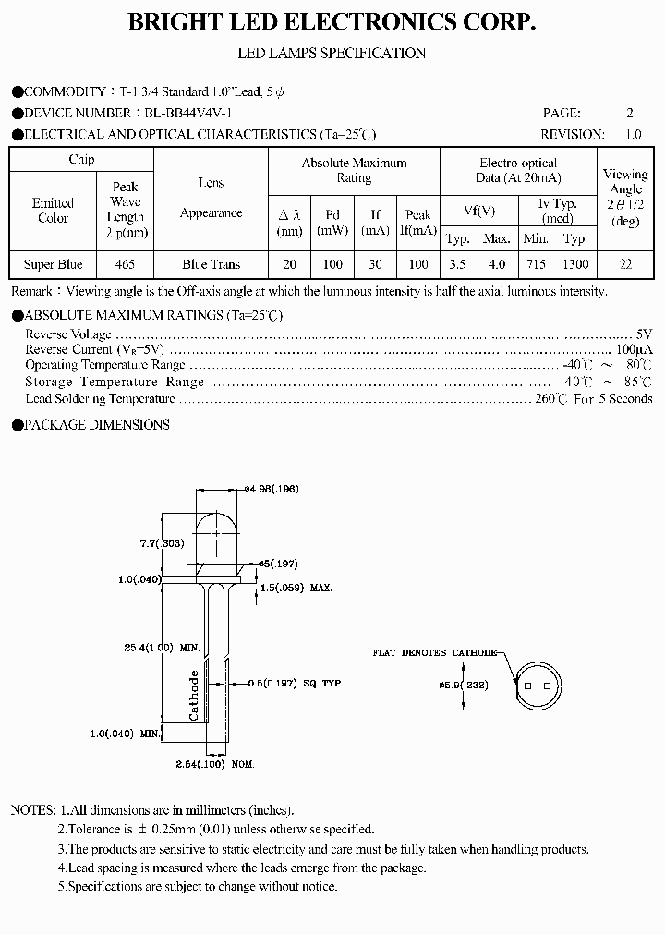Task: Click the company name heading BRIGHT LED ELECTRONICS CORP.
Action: pos(332,22)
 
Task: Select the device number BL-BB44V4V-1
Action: pos(187,113)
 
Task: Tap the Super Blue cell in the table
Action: pos(53,264)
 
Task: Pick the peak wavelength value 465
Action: pos(125,264)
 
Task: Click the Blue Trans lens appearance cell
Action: pos(211,264)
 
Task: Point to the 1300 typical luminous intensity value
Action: pos(575,264)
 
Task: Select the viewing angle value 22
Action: pos(625,264)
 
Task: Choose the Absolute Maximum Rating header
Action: pos(354,170)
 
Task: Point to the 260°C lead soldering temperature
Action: pos(551,399)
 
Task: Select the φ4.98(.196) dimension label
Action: pos(272,489)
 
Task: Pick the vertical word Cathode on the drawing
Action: pos(194,697)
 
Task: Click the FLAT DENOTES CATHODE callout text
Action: pos(434,652)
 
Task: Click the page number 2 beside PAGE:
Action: pos(630,113)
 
